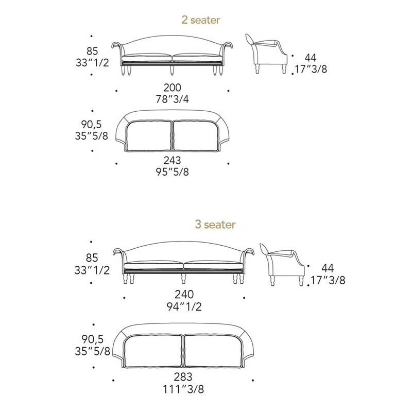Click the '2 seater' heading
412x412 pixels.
pos(201,20)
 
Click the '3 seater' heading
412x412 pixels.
pos(215,225)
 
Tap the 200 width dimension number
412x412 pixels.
pos(173,88)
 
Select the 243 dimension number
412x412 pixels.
pos(173,160)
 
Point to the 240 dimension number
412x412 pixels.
pos(184,294)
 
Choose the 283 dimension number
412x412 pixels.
pos(183,377)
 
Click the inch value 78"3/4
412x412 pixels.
pos(173,99)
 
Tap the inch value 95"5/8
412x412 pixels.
pos(173,172)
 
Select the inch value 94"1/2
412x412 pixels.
pos(184,306)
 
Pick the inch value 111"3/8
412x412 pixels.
pos(183,389)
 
